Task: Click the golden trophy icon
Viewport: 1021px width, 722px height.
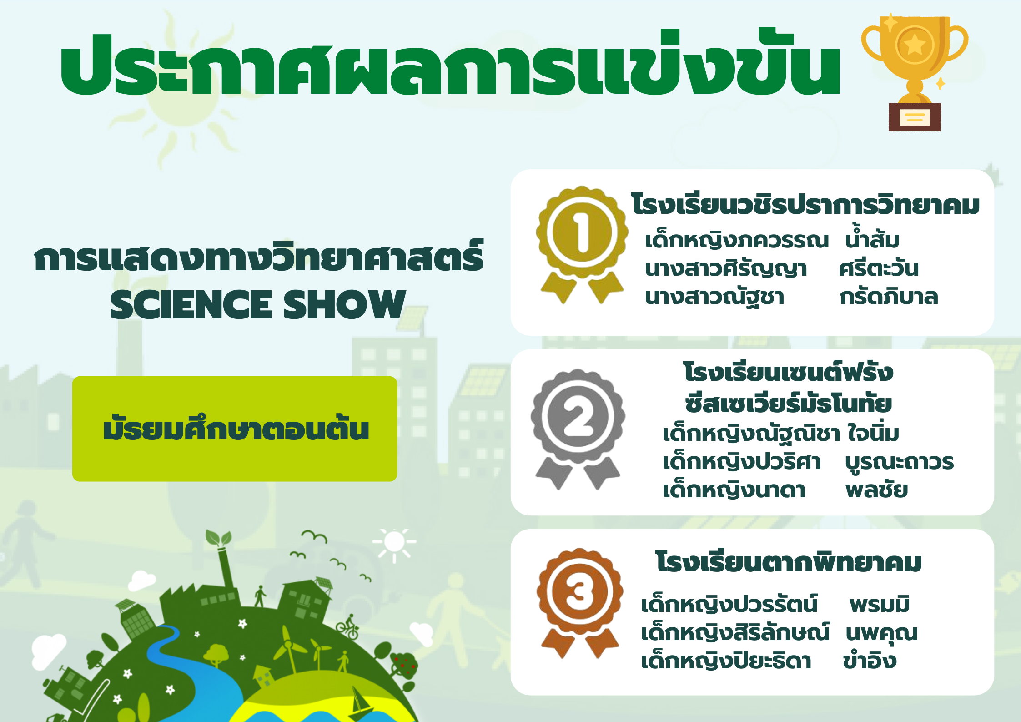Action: pos(915,73)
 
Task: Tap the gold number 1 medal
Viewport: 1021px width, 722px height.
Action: pos(582,244)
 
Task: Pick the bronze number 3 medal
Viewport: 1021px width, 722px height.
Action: pos(580,603)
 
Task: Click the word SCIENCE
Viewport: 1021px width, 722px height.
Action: pos(191,304)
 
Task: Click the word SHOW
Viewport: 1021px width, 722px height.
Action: pos(344,304)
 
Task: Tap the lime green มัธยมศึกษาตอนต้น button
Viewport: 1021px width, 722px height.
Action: pos(235,429)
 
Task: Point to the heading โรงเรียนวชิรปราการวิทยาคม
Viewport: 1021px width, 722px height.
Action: pos(805,205)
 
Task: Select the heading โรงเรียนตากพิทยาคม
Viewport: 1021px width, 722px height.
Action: pos(789,562)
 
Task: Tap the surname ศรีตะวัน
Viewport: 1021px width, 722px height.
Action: pos(879,268)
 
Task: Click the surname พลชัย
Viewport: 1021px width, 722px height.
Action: pos(876,490)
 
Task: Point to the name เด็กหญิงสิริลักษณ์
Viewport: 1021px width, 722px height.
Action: pos(735,633)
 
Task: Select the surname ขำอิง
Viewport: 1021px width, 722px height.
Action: pos(870,661)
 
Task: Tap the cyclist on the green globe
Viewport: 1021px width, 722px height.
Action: pos(348,627)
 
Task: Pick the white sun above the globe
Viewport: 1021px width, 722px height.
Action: pos(394,542)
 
